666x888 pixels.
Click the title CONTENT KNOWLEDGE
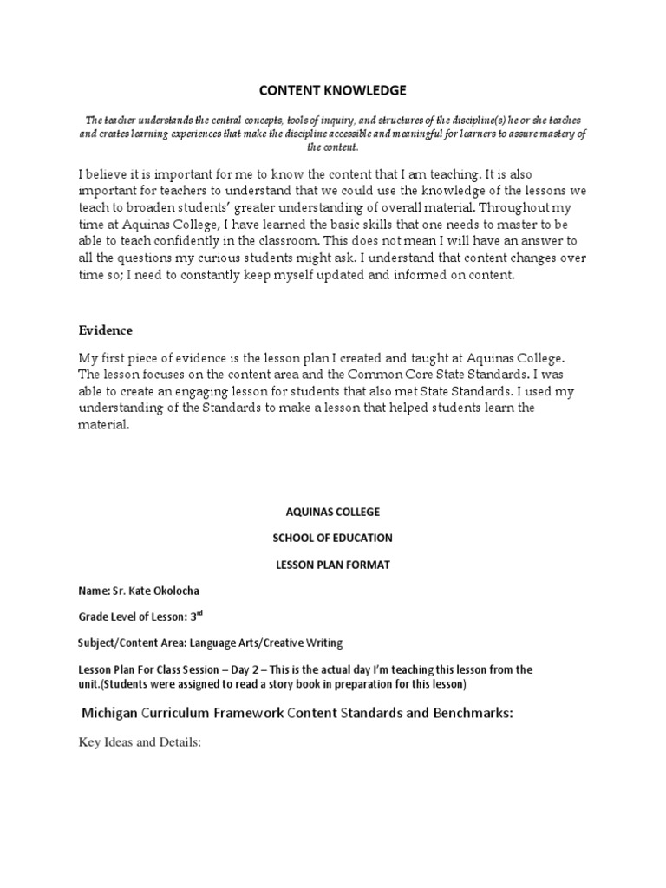click(333, 90)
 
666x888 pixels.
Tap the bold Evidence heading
click(106, 330)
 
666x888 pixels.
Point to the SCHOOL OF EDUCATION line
click(333, 538)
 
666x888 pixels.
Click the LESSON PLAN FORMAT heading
click(333, 565)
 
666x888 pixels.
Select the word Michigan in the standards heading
click(113, 713)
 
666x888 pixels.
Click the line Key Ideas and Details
click(139, 743)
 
